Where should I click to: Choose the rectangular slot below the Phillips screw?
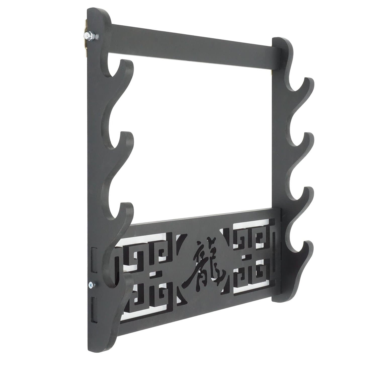[94, 309]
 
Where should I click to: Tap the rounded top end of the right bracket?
[281, 41]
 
